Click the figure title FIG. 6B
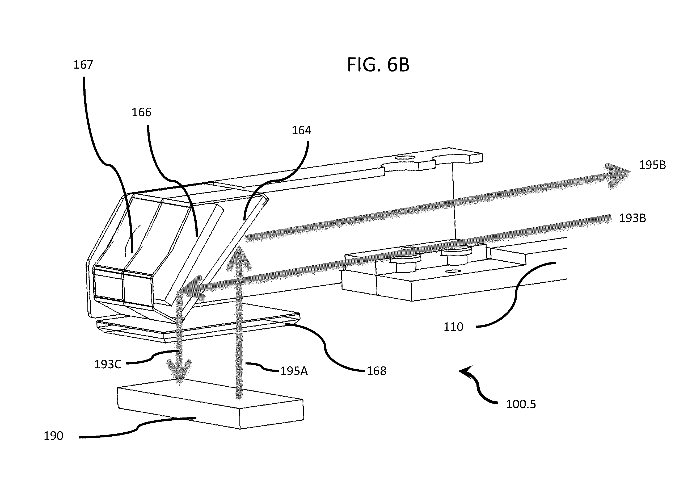click(378, 65)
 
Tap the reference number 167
click(83, 65)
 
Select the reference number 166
click(141, 112)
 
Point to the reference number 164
click(301, 130)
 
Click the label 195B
click(652, 165)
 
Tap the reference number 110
click(453, 327)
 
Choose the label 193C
click(108, 364)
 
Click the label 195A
click(294, 371)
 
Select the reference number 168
click(377, 371)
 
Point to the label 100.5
click(521, 404)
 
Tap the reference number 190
click(53, 436)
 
